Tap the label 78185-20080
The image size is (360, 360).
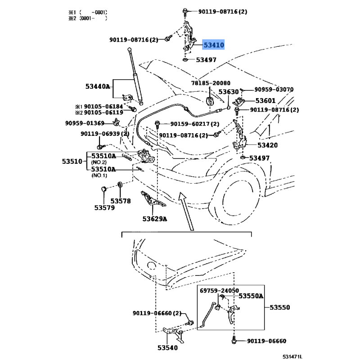211,83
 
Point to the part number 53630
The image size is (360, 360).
229,92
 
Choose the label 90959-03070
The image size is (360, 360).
274,90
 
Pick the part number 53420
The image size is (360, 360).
267,145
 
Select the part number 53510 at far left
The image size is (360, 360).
72,161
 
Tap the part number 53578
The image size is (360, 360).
121,201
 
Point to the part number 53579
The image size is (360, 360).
104,207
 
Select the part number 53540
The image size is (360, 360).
167,347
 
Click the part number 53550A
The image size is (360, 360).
251,296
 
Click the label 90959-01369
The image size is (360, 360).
85,123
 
